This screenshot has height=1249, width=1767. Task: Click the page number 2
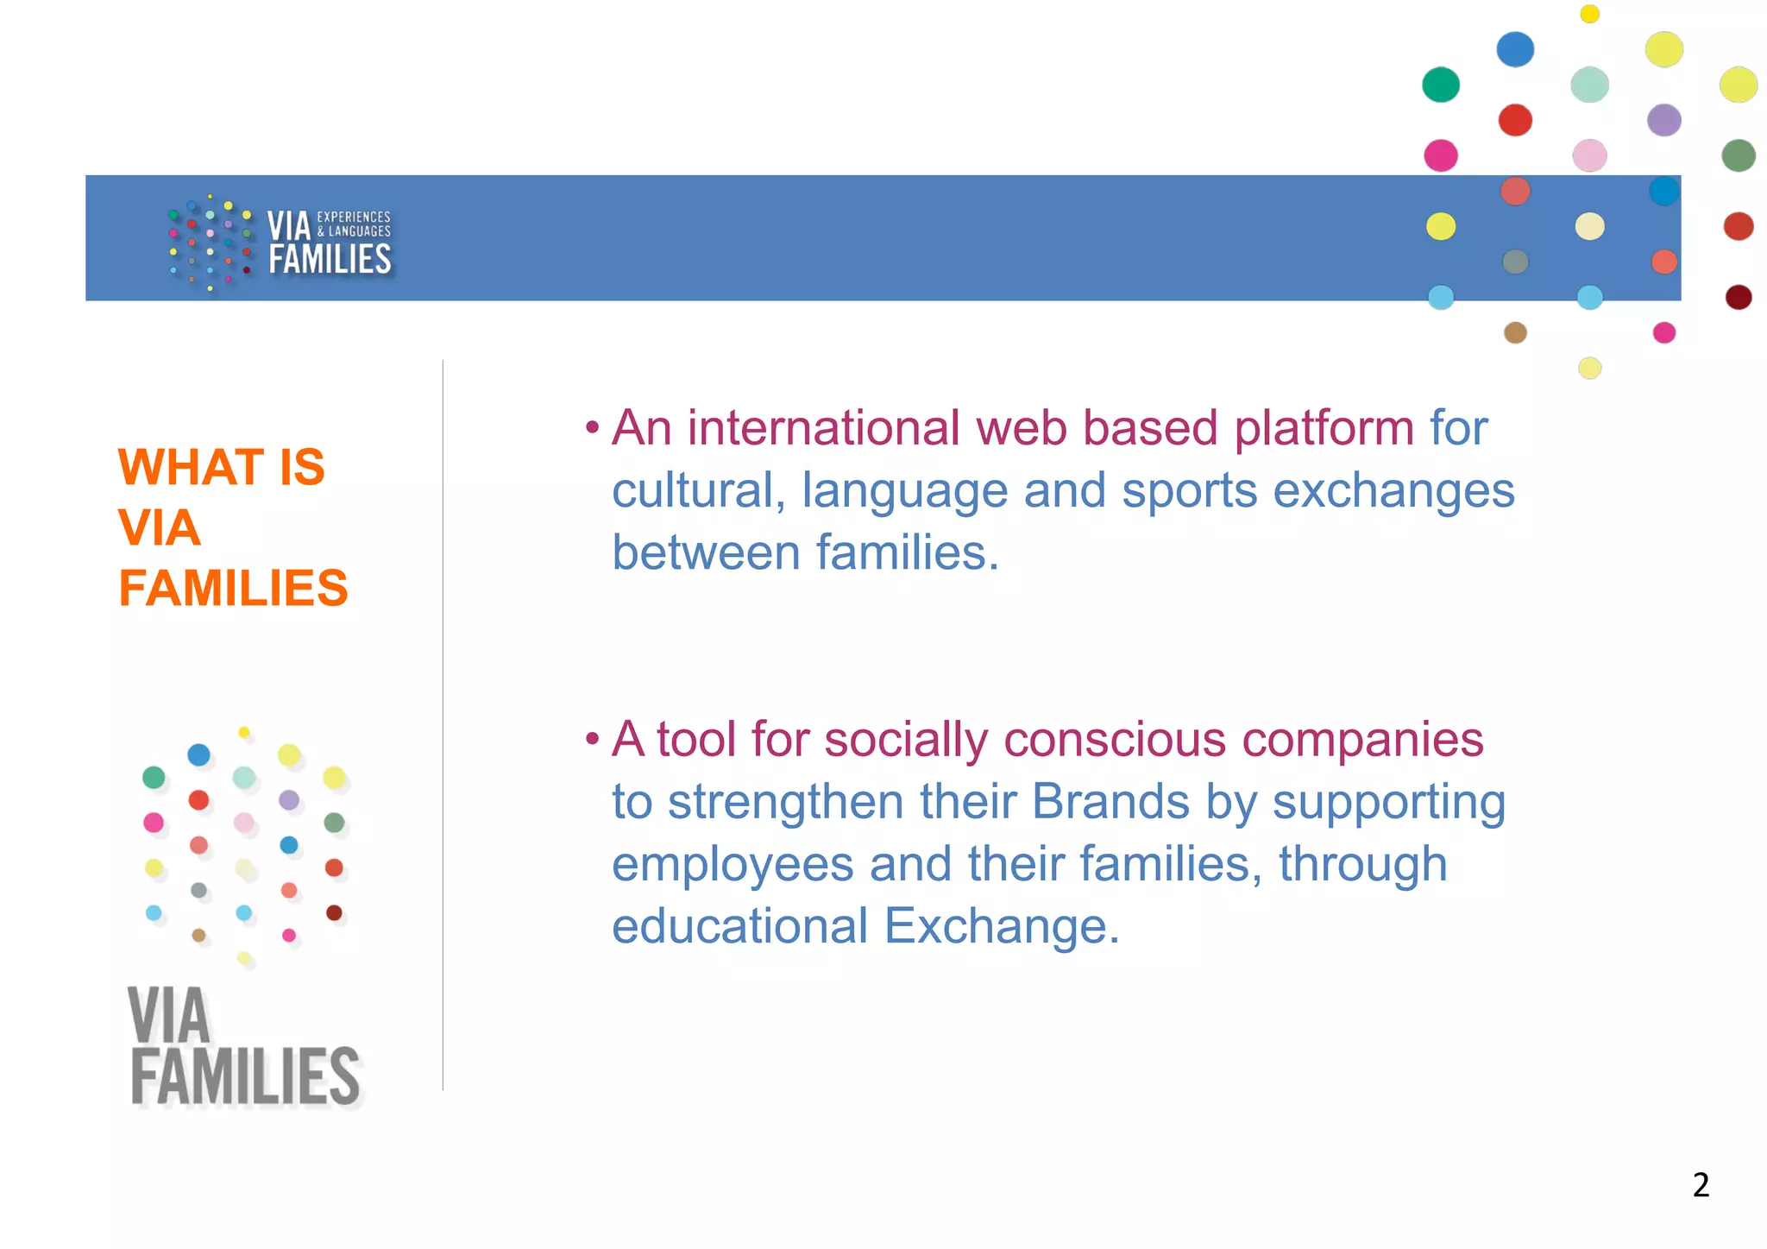pos(1701,1184)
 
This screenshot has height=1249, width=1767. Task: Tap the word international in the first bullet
pos(823,427)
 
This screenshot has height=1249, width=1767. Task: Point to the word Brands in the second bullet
pos(1110,801)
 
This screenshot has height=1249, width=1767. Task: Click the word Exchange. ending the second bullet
pos(1001,925)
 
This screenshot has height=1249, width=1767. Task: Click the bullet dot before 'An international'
pos(592,427)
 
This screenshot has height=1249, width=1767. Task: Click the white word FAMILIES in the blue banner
pos(330,259)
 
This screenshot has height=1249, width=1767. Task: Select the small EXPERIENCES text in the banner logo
pos(354,217)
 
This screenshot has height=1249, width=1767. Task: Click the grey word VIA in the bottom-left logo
pos(169,1017)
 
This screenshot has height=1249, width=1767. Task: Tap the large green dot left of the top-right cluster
pos(1440,85)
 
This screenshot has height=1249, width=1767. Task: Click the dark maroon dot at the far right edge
pos(1738,298)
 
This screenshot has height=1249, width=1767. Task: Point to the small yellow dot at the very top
pos(1589,14)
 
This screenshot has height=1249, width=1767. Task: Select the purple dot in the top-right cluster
pos(1663,120)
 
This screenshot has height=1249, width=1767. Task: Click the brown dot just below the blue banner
pos(1515,332)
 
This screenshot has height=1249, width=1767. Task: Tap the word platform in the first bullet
pos(1324,427)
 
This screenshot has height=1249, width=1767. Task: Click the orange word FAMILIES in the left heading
pos(233,588)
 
